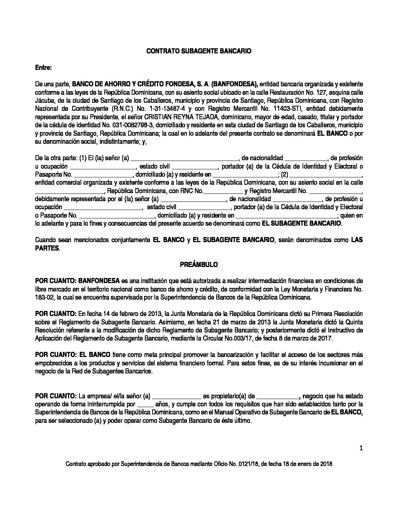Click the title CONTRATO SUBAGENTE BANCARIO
click(x=199, y=52)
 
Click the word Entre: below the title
click(x=44, y=68)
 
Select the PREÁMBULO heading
click(x=199, y=264)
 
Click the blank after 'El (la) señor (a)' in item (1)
click(x=184, y=159)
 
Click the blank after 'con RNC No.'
click(x=223, y=191)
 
